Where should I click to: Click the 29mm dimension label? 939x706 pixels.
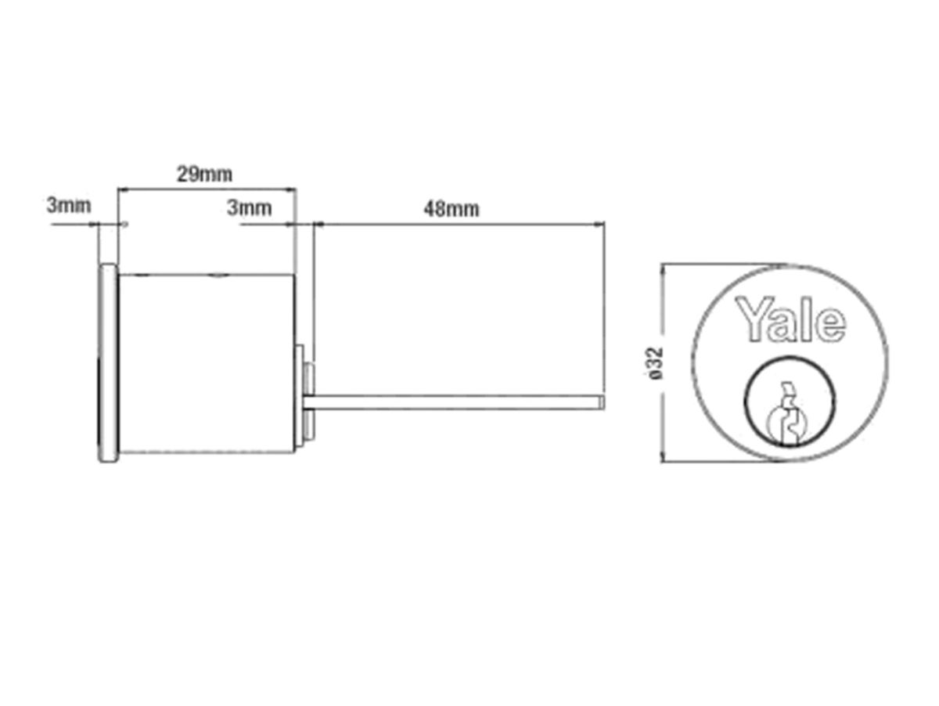(203, 173)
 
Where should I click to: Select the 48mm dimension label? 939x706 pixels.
(451, 209)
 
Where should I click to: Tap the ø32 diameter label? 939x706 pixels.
(657, 363)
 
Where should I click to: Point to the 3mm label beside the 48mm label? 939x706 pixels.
(249, 207)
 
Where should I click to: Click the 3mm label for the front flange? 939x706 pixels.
(69, 206)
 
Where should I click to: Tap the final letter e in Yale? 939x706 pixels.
(832, 323)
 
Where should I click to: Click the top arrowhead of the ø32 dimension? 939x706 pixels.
(663, 269)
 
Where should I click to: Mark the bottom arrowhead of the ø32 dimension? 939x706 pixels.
(663, 457)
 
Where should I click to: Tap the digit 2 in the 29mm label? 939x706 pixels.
(181, 173)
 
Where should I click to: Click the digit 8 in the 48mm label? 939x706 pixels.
(440, 209)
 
